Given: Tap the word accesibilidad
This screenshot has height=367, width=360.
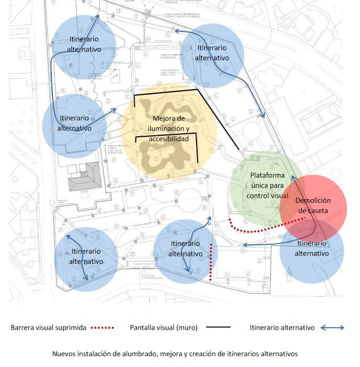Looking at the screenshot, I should (168, 139).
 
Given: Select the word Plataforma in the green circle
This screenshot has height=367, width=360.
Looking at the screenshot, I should (267, 175).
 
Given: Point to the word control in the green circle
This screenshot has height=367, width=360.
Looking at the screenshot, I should (258, 196).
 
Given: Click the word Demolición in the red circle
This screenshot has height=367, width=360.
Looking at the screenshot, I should (313, 200).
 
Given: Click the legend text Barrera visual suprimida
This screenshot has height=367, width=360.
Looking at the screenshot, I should (48, 328).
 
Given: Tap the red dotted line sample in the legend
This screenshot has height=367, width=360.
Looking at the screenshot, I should (102, 328).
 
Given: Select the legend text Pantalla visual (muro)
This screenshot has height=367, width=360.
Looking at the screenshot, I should (163, 328).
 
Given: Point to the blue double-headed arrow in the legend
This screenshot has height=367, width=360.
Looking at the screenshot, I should (332, 328).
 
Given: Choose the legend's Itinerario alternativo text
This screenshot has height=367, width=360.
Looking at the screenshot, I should (282, 328).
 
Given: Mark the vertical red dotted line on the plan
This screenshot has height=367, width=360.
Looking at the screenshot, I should (211, 262).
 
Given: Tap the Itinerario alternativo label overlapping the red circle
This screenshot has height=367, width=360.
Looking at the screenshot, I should (312, 249).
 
